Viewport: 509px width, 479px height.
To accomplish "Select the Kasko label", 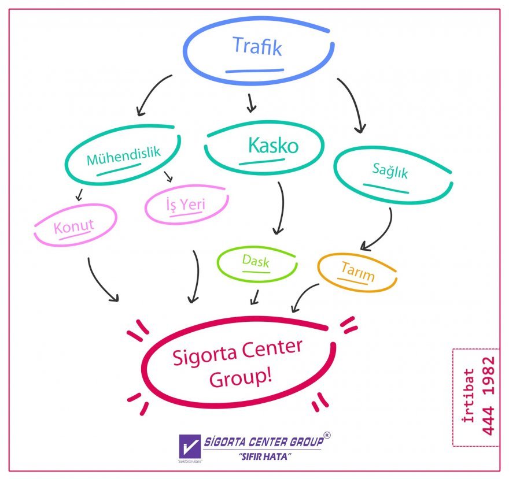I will tap(273, 145).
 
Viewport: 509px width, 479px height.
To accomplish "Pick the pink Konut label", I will tap(73, 225).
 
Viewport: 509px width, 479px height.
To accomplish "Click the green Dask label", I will tap(256, 261).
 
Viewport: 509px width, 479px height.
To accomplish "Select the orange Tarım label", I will tap(357, 271).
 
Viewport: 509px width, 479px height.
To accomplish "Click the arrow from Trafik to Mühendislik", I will tap(152, 93).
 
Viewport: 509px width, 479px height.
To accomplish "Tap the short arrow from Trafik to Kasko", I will tap(250, 102).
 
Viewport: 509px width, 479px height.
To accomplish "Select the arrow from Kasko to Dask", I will tap(282, 208).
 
